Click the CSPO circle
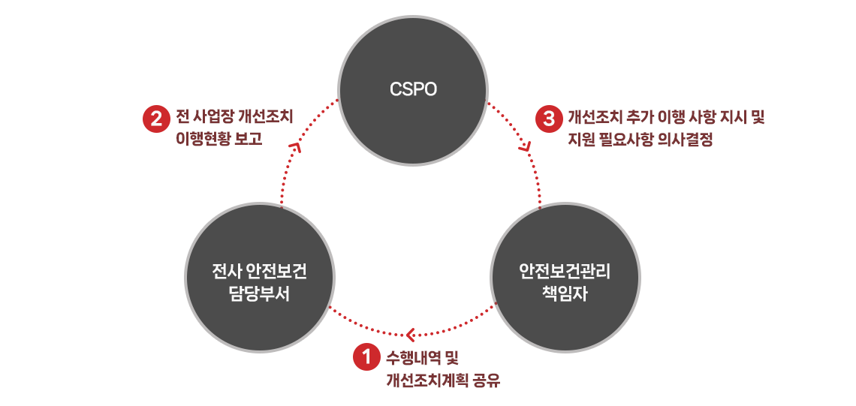pyautogui.click(x=413, y=90)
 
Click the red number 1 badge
pyautogui.click(x=366, y=357)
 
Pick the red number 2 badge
pyautogui.click(x=155, y=119)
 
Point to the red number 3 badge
pyautogui.click(x=549, y=119)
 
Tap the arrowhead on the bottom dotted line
pyautogui.click(x=411, y=333)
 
